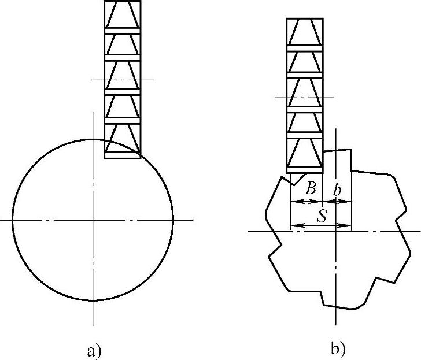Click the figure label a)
94,350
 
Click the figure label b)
338,348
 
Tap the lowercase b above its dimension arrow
338,188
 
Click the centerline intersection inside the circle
93,220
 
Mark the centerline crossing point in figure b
336,232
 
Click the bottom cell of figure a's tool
122,140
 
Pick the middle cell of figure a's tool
122,75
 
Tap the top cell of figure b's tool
304,33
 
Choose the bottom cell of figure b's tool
304,154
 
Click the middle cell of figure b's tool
304,91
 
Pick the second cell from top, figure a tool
122,44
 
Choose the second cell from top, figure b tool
304,61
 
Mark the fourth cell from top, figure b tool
304,121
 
